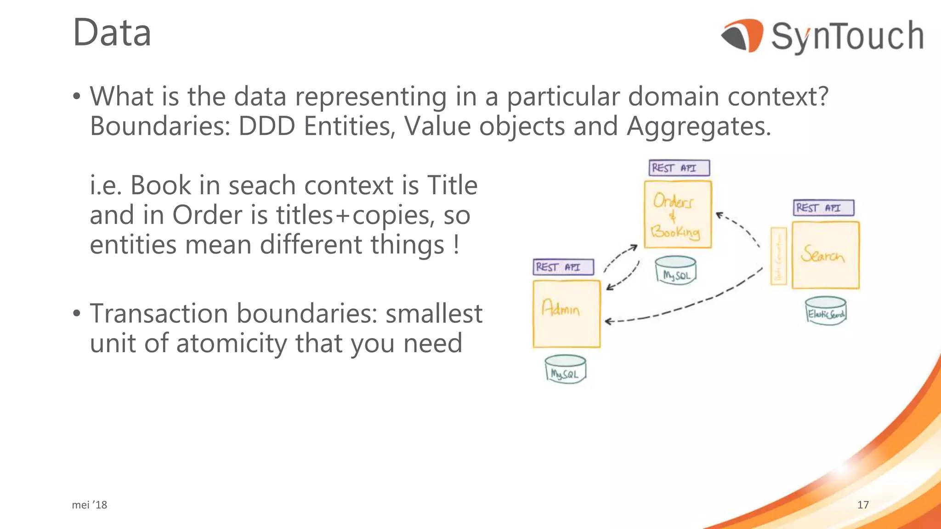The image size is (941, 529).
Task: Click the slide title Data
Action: tap(112, 33)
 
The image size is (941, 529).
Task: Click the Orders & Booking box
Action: tap(677, 214)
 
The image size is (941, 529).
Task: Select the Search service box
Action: tap(825, 255)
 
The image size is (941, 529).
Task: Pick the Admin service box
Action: tap(567, 314)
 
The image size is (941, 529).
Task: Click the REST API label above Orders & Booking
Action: tap(679, 168)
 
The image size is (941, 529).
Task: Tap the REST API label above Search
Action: tap(823, 208)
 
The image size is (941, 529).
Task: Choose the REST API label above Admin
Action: tap(563, 267)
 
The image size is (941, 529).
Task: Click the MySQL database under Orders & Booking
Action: tap(675, 270)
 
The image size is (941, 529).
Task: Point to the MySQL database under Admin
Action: tap(565, 369)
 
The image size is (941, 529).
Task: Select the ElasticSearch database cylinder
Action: tap(826, 311)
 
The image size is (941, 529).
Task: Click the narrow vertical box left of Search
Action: tap(778, 256)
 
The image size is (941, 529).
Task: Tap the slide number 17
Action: tap(863, 505)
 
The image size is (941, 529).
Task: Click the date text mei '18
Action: tap(90, 505)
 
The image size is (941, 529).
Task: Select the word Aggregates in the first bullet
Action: tap(698, 126)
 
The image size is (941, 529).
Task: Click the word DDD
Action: tap(266, 126)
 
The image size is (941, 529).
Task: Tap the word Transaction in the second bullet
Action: tap(159, 314)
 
